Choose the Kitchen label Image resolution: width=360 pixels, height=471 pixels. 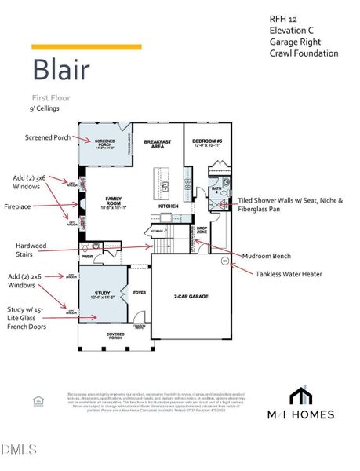[x=169, y=206]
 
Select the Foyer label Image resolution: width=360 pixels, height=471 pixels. [x=140, y=292]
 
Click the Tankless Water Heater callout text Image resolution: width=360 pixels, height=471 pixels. [x=289, y=273]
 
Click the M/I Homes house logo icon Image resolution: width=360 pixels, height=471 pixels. [x=300, y=396]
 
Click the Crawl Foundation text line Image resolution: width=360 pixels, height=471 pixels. [x=303, y=53]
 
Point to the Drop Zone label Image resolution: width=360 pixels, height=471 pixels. [x=201, y=231]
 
